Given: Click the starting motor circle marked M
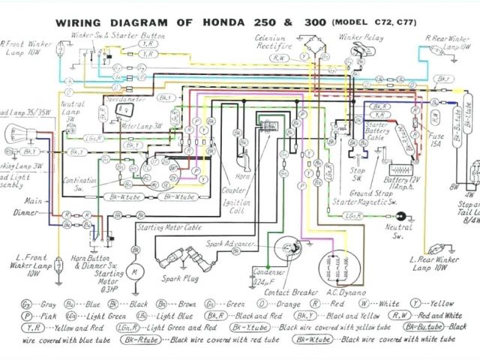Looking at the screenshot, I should [135, 268].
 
